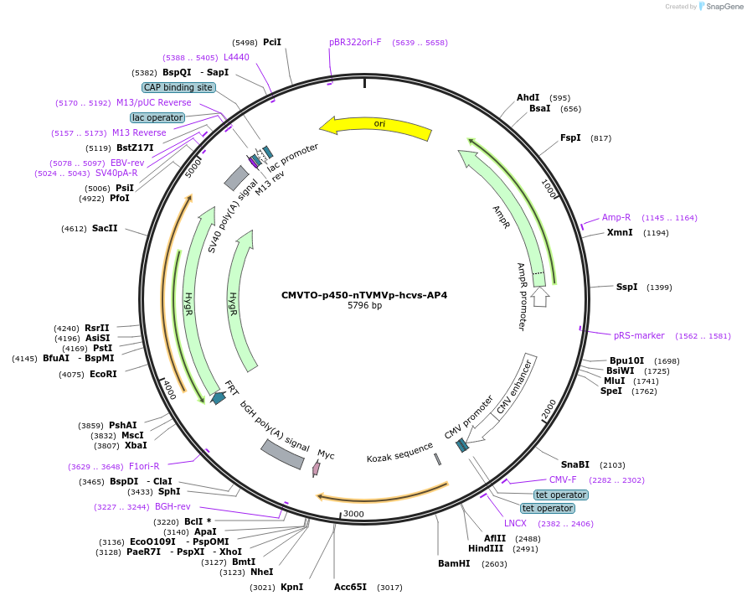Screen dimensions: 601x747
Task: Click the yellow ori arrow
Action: pyautogui.click(x=377, y=125)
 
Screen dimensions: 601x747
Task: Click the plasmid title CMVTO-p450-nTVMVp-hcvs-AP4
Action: pyautogui.click(x=364, y=295)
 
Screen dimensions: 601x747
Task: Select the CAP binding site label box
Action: pyautogui.click(x=178, y=87)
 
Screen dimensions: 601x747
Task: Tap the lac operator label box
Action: pyautogui.click(x=157, y=117)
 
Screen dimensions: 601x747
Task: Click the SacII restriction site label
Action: pyautogui.click(x=105, y=228)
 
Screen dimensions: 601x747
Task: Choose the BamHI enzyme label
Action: pyautogui.click(x=455, y=563)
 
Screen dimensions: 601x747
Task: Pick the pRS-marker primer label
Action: pyautogui.click(x=639, y=335)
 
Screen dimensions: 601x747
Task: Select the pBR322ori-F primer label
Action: pyautogui.click(x=355, y=42)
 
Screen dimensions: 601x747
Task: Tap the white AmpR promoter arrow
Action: pyautogui.click(x=540, y=296)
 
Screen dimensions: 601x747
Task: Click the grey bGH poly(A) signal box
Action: pyautogui.click(x=282, y=453)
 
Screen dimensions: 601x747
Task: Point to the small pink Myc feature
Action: pyautogui.click(x=317, y=468)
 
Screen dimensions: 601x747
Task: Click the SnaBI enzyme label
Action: pyautogui.click(x=575, y=464)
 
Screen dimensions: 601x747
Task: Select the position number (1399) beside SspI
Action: pyautogui.click(x=659, y=288)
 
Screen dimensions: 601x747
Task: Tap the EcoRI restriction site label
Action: pyautogui.click(x=103, y=374)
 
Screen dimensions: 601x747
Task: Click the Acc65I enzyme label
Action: pyautogui.click(x=350, y=587)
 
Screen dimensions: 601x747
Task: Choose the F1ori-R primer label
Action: pyautogui.click(x=143, y=466)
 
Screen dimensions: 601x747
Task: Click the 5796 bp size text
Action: pyautogui.click(x=364, y=306)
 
